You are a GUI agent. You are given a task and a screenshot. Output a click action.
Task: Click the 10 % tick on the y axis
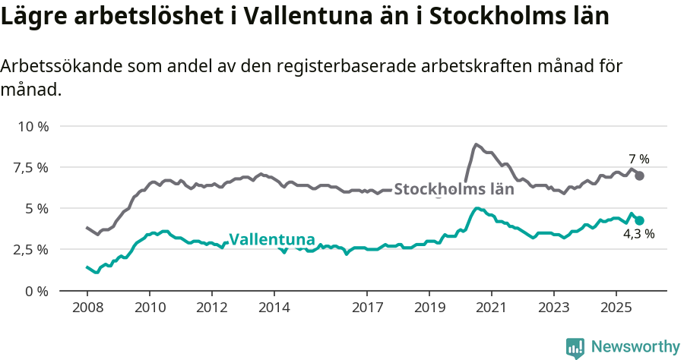click(33, 126)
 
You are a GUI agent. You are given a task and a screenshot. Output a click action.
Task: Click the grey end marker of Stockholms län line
click(640, 175)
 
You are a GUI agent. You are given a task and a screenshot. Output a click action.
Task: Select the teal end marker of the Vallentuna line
click(640, 220)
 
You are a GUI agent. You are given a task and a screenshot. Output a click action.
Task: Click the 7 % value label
click(639, 159)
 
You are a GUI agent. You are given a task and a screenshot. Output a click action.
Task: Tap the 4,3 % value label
click(638, 234)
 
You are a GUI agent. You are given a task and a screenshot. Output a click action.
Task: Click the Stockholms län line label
click(454, 189)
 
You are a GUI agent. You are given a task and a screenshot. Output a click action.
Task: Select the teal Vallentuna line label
click(271, 239)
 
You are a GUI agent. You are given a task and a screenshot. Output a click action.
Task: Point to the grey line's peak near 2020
click(476, 144)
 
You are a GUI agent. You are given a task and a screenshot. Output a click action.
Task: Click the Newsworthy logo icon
click(575, 347)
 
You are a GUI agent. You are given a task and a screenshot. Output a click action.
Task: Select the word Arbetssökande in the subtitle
click(50, 66)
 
